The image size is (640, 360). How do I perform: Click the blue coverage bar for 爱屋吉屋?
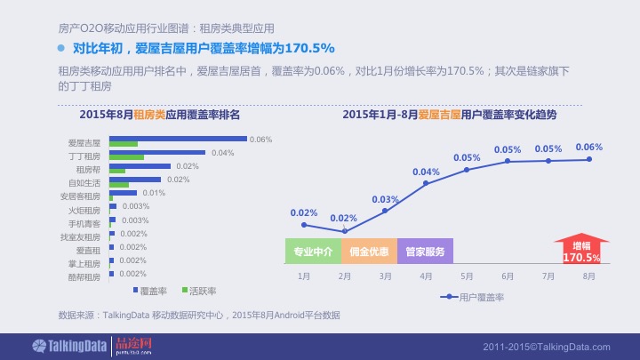178,139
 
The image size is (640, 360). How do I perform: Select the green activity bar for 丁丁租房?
126,157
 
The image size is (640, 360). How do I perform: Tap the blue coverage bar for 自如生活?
134,180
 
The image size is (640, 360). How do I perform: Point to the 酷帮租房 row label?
84,276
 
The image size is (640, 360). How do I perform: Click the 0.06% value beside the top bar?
260,140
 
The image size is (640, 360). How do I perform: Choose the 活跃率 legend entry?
200,291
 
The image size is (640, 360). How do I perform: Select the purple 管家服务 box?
425,252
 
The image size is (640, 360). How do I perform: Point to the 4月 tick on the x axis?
426,276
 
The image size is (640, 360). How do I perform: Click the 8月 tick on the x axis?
589,276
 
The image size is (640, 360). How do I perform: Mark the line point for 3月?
385,211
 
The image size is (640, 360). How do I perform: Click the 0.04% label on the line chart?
426,172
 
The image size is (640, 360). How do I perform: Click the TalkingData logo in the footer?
68,345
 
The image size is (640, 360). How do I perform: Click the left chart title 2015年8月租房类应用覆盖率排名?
160,115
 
